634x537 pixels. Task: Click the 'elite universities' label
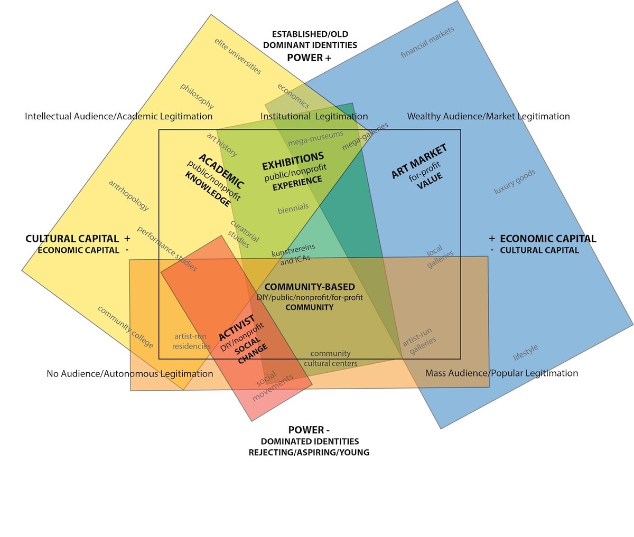click(238, 56)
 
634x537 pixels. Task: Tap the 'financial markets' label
click(427, 42)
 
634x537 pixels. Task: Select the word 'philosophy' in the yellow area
click(197, 96)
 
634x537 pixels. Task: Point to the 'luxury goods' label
click(515, 182)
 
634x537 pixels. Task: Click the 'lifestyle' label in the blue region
click(526, 352)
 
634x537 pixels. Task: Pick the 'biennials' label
click(293, 208)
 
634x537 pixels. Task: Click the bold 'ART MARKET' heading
click(419, 161)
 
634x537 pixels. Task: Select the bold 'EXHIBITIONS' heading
click(293, 162)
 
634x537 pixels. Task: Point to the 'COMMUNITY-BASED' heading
click(310, 287)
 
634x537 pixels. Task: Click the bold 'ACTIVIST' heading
click(236, 327)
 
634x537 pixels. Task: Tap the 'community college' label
click(125, 327)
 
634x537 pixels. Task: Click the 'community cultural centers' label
click(331, 359)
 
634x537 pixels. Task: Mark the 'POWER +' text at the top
click(309, 58)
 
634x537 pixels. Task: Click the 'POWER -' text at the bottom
click(309, 430)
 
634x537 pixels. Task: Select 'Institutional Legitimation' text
click(314, 116)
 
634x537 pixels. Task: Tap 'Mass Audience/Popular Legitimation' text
click(501, 373)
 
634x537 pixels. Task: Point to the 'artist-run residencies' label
click(191, 341)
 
